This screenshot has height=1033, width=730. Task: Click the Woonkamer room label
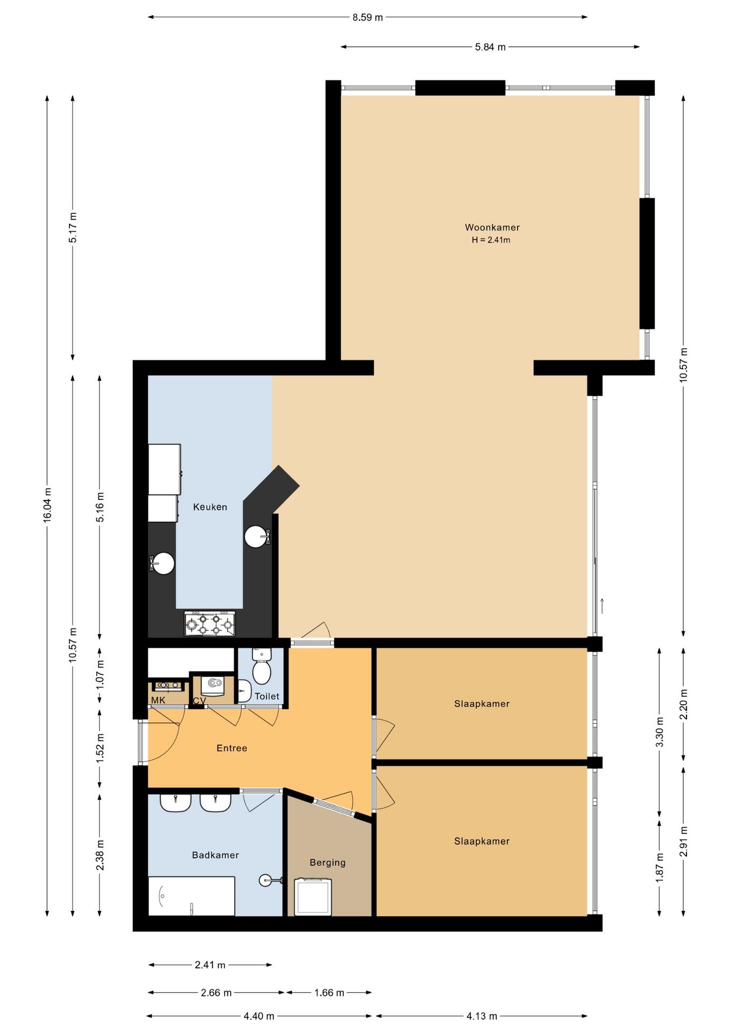(x=492, y=228)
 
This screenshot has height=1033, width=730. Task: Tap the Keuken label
(x=210, y=507)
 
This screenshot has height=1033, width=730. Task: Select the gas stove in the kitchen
(x=210, y=624)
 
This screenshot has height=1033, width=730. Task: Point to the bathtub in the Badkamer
(x=191, y=896)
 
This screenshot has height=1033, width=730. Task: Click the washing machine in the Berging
(x=313, y=896)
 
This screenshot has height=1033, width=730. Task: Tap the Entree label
(x=232, y=748)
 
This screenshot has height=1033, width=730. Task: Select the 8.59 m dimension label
(x=368, y=17)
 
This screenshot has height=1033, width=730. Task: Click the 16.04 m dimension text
(x=47, y=505)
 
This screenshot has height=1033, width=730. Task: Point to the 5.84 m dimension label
(x=490, y=47)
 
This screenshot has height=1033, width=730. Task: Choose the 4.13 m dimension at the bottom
(x=482, y=1016)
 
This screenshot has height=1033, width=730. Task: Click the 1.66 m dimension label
(x=329, y=993)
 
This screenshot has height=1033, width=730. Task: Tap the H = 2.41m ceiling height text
(x=491, y=240)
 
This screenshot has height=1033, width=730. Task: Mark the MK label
(x=158, y=700)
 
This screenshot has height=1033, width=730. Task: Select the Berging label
(x=327, y=862)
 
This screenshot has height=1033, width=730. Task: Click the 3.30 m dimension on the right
(x=660, y=732)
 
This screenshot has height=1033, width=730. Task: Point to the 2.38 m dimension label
(x=100, y=855)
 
